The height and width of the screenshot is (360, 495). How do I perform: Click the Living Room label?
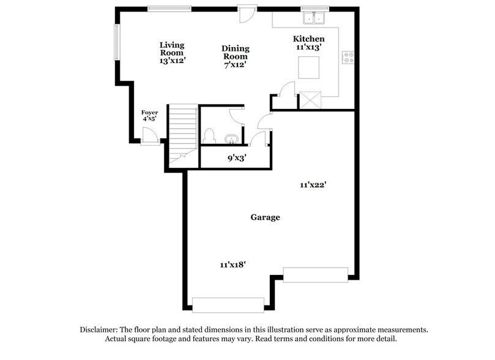[172, 53]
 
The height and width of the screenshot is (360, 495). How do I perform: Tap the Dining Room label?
[235, 56]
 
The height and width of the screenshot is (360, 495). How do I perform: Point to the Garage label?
[266, 217]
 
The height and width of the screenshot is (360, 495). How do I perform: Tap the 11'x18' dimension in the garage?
[233, 264]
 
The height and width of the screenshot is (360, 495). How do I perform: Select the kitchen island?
[310, 67]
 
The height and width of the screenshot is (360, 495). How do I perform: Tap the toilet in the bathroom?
[209, 135]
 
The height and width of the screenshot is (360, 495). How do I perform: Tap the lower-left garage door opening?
[228, 304]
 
